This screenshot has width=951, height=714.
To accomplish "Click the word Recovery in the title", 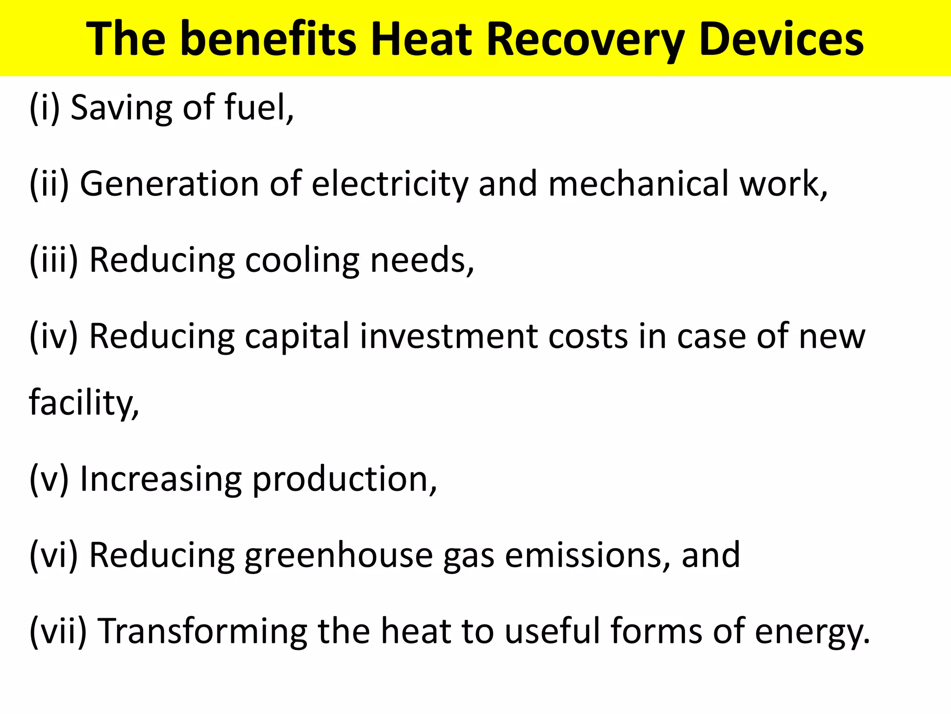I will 586,40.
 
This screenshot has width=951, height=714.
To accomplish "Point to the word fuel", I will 258,108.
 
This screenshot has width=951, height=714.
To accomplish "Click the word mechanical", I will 638,184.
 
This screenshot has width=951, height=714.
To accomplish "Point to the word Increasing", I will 161,480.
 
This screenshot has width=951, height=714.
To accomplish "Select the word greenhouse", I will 339,556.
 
